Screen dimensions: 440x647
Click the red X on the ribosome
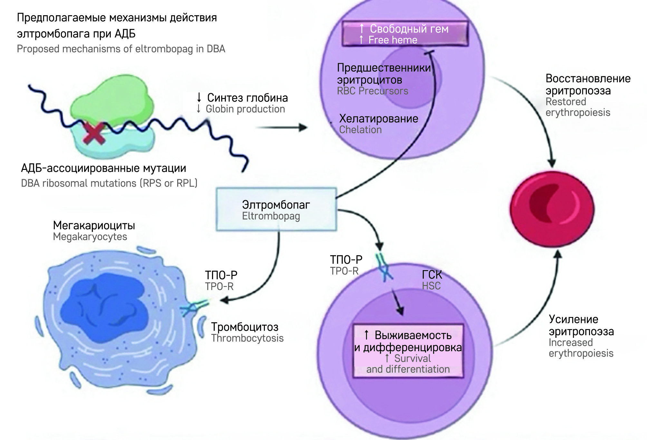(93, 133)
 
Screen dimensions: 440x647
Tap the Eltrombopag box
(276, 210)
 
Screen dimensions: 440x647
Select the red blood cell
(552, 209)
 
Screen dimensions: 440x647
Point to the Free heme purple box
(405, 34)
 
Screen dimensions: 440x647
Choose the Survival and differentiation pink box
(408, 351)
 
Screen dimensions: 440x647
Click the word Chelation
(360, 130)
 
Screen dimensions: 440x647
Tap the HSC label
(431, 286)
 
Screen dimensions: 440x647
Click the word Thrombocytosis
(247, 338)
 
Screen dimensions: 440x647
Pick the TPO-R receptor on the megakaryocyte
(193, 307)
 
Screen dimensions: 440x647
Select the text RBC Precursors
(372, 91)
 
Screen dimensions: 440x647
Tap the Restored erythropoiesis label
(578, 107)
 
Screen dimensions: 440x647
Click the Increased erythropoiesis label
(581, 348)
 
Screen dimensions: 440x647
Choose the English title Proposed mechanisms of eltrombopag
(121, 49)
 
